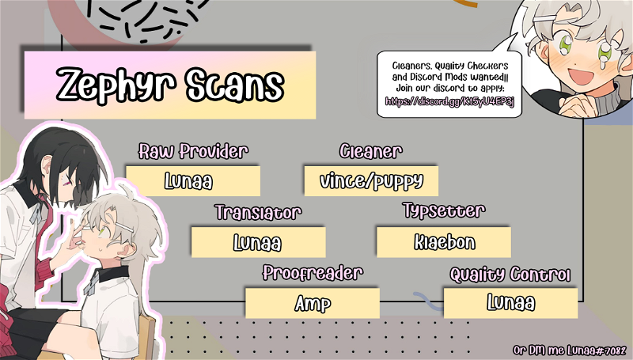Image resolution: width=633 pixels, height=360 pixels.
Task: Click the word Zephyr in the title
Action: pyautogui.click(x=116, y=85)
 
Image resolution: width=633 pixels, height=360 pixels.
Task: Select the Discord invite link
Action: pyautogui.click(x=449, y=101)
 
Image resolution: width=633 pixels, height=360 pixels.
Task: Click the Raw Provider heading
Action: pyautogui.click(x=193, y=151)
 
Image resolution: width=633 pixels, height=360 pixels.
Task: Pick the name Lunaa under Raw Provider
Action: pyautogui.click(x=188, y=181)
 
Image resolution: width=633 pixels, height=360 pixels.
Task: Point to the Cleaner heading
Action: pyautogui.click(x=370, y=151)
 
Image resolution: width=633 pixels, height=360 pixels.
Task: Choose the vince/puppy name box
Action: pyautogui.click(x=371, y=181)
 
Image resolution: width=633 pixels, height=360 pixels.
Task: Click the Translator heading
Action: pyautogui.click(x=258, y=212)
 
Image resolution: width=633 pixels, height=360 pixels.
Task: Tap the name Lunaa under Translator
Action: pyautogui.click(x=257, y=243)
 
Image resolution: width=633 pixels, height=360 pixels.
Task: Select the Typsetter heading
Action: pyautogui.click(x=444, y=210)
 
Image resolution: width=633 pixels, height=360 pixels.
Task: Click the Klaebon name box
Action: pyautogui.click(x=444, y=242)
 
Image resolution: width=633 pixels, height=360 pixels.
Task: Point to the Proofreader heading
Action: pyautogui.click(x=313, y=273)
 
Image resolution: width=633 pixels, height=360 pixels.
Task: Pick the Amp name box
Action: pyautogui.click(x=313, y=303)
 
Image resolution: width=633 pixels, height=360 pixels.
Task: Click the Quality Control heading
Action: pyautogui.click(x=510, y=275)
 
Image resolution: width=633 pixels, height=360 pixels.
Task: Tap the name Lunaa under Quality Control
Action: pyautogui.click(x=510, y=303)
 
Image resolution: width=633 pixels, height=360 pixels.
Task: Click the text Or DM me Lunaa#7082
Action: pyautogui.click(x=570, y=350)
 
